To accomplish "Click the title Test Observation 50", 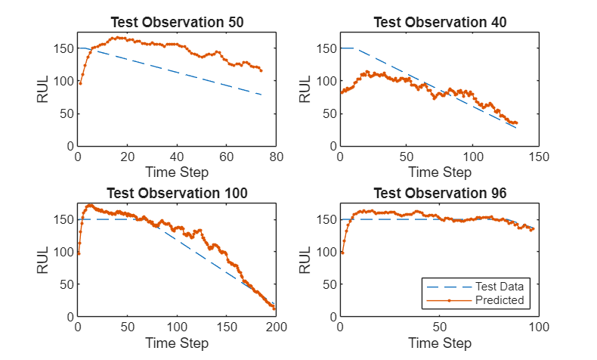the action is [x=177, y=22].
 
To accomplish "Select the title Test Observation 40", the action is [x=440, y=22].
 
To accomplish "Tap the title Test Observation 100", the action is [x=177, y=193].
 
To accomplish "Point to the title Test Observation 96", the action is [x=440, y=193].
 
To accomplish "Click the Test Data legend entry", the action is [x=475, y=287].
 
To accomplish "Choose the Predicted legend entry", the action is [x=475, y=300].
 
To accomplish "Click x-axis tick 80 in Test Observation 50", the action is [x=276, y=157].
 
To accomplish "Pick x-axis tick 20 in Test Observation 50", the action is [x=127, y=157].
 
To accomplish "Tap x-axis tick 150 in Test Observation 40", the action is [x=539, y=157].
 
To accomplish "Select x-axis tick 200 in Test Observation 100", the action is [x=276, y=327].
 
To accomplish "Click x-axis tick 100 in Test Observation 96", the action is [x=539, y=327].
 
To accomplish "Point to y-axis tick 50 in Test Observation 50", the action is [x=67, y=113].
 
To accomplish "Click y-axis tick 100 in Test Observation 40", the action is [x=326, y=81].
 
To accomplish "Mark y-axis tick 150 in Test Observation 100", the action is [x=63, y=219].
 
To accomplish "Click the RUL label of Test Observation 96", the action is [x=305, y=260].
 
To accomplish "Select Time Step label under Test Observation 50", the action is [x=177, y=172].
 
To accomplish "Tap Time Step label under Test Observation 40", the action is [x=440, y=172].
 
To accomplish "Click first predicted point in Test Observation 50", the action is [x=80, y=83].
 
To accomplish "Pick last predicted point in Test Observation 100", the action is [x=274, y=309].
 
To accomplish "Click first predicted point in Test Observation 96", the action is [x=342, y=253].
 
